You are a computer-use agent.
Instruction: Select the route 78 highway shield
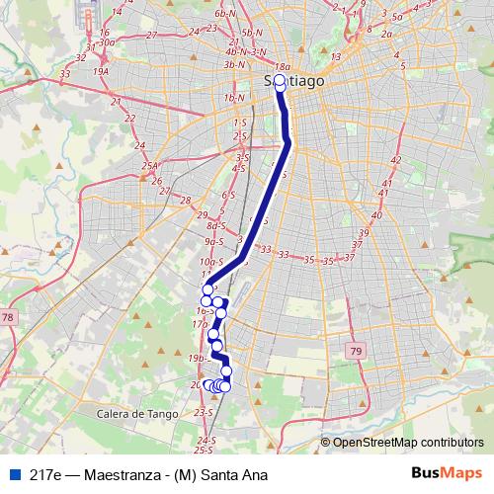9,317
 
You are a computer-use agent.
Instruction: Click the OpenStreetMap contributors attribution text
408,442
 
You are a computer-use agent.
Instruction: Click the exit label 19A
100,71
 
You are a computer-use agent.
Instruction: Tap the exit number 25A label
150,166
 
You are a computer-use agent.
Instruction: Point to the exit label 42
396,159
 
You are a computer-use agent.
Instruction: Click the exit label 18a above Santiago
282,66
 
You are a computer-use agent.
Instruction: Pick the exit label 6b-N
225,13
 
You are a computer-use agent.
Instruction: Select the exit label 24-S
206,439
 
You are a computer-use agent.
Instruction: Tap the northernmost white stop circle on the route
279,80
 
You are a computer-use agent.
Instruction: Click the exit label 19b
196,358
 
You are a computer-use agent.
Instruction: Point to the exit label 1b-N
234,98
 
